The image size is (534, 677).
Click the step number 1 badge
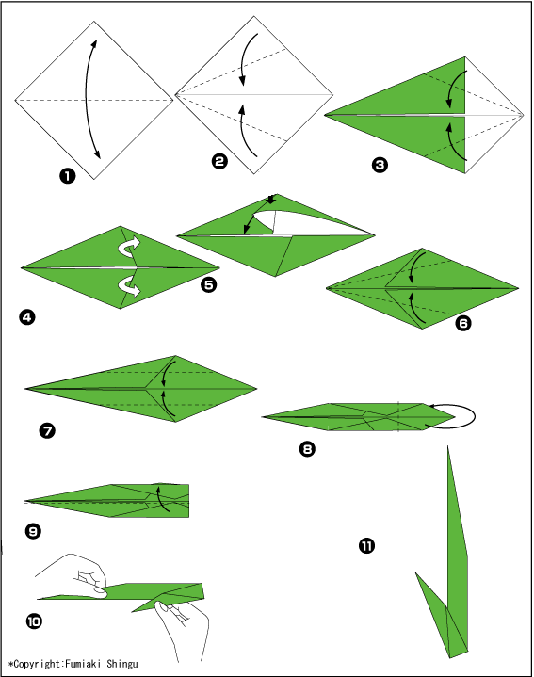68,176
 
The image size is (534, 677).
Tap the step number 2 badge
219,161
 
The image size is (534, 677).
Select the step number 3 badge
380,165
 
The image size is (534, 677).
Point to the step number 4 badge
27,317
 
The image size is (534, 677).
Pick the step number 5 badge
209,284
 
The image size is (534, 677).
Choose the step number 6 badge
463,323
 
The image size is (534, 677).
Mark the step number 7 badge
47,430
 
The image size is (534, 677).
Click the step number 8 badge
307,449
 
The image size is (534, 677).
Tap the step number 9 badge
33,531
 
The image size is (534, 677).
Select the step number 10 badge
34,621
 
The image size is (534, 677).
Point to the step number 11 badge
366,546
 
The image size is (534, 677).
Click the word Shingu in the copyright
122,664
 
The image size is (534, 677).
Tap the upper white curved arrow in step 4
130,246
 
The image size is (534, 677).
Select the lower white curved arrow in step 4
130,286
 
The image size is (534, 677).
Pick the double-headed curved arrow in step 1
87,99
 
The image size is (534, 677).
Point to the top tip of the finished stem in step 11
447,446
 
